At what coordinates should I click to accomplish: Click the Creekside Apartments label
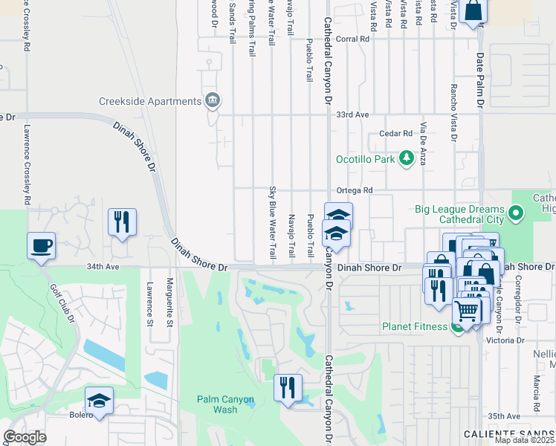(x=149, y=101)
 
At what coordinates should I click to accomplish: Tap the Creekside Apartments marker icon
(x=213, y=100)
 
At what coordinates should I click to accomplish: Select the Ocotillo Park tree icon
(x=406, y=158)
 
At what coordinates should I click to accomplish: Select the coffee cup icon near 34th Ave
(x=41, y=245)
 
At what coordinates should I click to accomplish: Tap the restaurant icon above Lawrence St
(x=121, y=221)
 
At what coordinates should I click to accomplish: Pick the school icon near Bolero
(x=99, y=400)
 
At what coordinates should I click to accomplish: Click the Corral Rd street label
(x=352, y=39)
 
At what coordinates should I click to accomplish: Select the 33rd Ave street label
(x=352, y=115)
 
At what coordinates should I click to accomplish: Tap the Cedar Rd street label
(x=395, y=134)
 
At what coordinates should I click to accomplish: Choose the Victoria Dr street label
(x=503, y=340)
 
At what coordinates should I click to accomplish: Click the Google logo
(x=25, y=437)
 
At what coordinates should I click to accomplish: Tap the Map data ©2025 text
(x=524, y=440)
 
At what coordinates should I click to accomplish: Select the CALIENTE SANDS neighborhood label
(x=509, y=433)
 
